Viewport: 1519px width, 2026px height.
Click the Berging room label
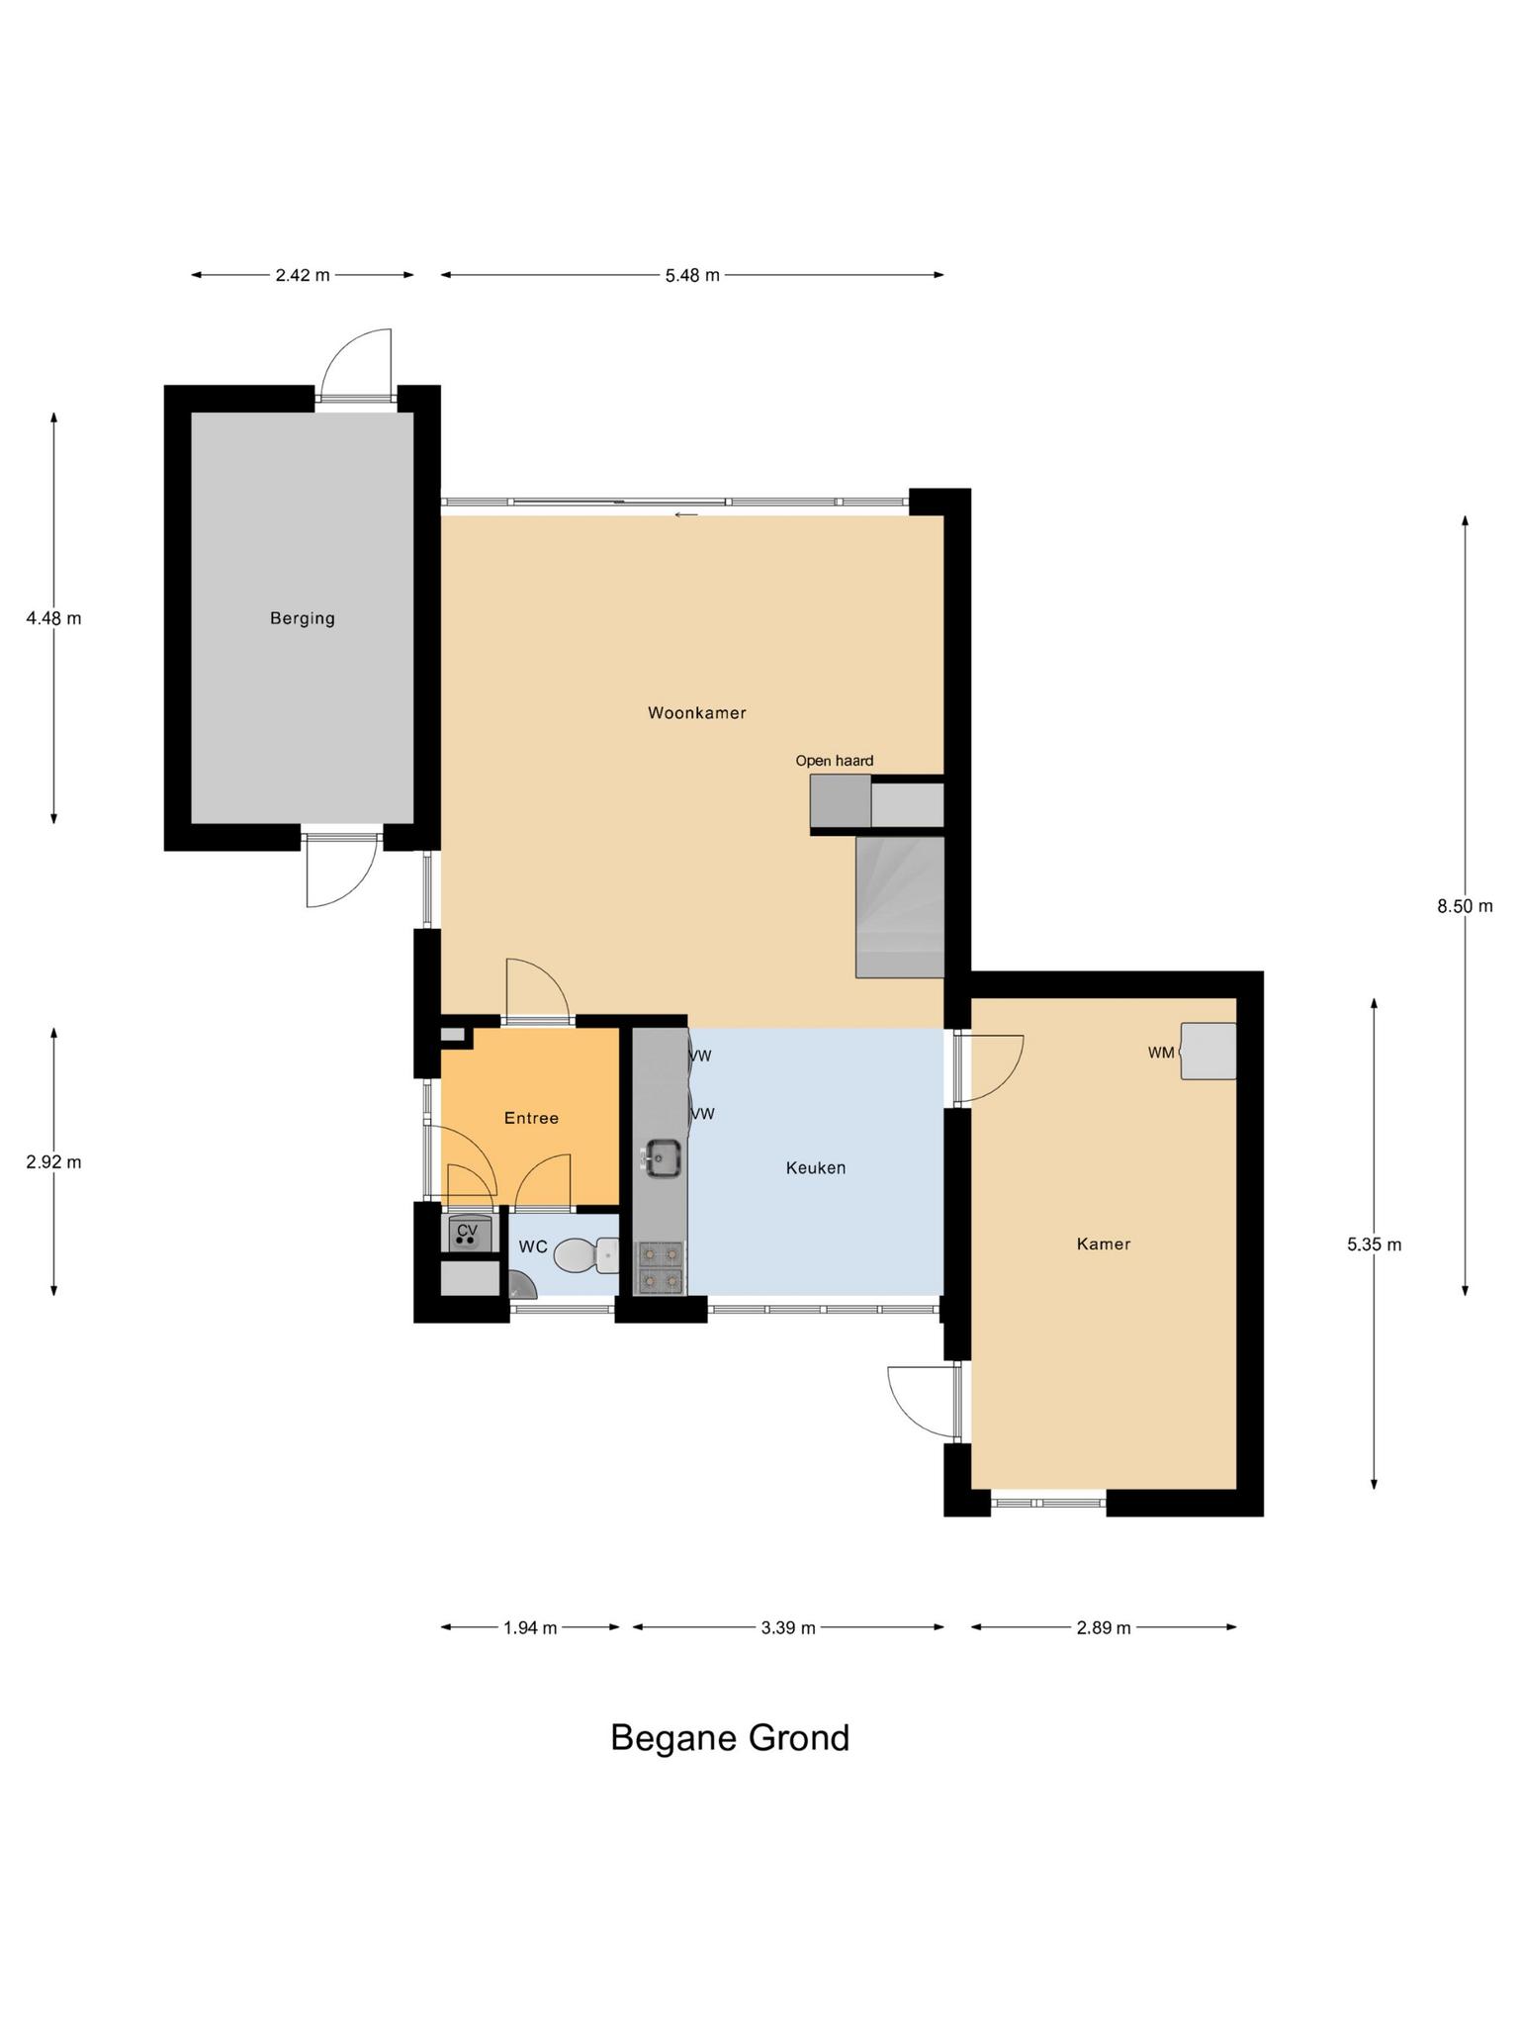303,618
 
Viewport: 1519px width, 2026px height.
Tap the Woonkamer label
697,712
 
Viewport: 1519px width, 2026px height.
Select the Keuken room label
816,1167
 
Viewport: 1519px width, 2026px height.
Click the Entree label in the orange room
531,1118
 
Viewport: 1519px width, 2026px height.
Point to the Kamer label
1104,1243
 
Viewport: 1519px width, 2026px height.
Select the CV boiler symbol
467,1235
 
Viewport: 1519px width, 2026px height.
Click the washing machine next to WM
1207,1051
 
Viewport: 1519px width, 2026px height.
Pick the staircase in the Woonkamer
900,907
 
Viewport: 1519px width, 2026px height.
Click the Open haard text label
835,761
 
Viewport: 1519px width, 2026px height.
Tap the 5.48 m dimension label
692,275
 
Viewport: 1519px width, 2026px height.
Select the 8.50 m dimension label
1465,905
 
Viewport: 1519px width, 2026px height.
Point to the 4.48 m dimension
53,618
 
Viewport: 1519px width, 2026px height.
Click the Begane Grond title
730,1736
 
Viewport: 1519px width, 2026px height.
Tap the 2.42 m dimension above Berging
303,275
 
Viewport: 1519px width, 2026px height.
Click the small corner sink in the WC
519,1286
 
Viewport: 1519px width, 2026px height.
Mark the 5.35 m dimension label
1374,1244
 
